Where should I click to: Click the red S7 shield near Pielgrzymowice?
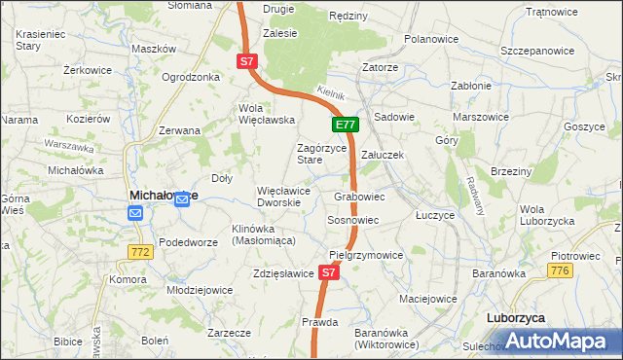pyautogui.click(x=329, y=273)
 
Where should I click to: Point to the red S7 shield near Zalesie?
pyautogui.click(x=247, y=61)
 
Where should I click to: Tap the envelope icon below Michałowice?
pyautogui.click(x=135, y=212)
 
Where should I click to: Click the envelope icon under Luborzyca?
pyautogui.click(x=514, y=336)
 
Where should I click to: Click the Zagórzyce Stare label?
pyautogui.click(x=320, y=154)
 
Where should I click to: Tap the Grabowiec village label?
pyautogui.click(x=359, y=197)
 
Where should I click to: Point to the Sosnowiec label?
pyautogui.click(x=352, y=221)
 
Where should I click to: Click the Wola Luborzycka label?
pyautogui.click(x=546, y=215)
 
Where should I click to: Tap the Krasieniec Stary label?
pyautogui.click(x=41, y=39)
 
